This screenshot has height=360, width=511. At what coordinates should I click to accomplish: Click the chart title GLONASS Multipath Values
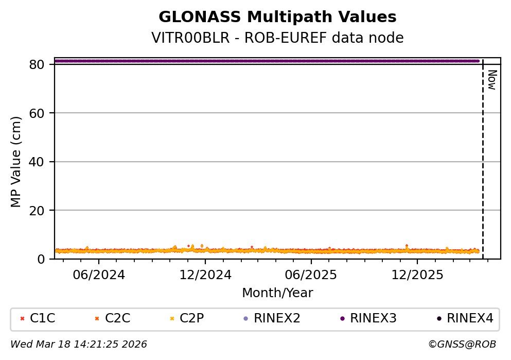pyautogui.click(x=277, y=18)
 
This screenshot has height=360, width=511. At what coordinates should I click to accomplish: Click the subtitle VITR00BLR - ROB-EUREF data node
pyautogui.click(x=277, y=38)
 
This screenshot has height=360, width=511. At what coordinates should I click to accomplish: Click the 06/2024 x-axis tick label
pyautogui.click(x=99, y=275)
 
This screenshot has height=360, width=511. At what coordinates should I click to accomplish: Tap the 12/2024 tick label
pyautogui.click(x=205, y=275)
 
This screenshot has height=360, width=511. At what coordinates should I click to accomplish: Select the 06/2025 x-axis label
pyautogui.click(x=311, y=275)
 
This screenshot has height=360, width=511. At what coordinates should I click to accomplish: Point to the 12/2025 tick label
pyautogui.click(x=417, y=275)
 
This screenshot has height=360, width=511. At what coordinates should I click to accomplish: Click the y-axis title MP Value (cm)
pyautogui.click(x=16, y=162)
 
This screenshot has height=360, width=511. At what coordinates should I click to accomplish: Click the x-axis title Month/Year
pyautogui.click(x=277, y=293)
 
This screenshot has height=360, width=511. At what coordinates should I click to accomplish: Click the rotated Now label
pyautogui.click(x=491, y=80)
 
